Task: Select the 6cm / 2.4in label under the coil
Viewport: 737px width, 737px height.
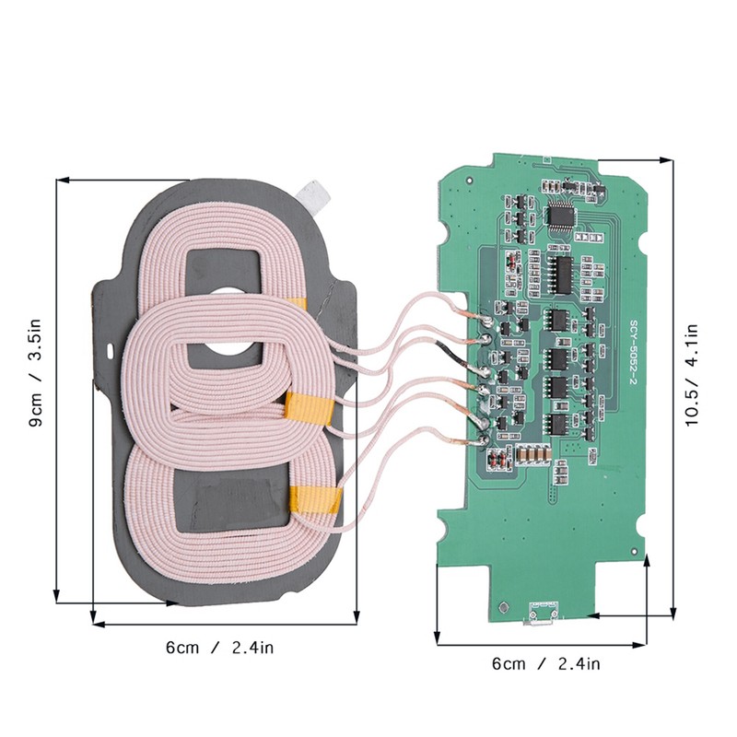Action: click(220, 647)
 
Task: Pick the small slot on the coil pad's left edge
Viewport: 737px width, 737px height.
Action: click(110, 351)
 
